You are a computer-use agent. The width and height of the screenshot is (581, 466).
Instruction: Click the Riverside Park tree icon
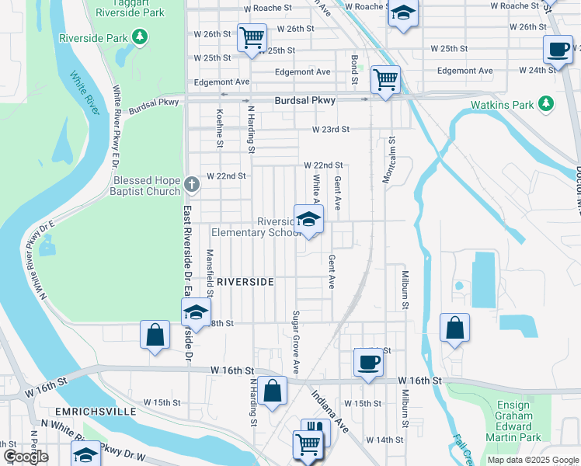click(x=139, y=37)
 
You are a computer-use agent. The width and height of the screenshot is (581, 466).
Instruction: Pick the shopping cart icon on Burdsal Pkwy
click(x=385, y=78)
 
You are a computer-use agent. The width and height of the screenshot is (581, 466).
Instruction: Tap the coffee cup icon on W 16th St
click(x=367, y=361)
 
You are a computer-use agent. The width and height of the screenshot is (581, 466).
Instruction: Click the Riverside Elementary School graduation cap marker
click(x=308, y=218)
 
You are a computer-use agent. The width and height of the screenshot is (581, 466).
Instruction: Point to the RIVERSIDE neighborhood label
click(x=245, y=282)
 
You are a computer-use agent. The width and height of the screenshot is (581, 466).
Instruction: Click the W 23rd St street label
click(x=331, y=130)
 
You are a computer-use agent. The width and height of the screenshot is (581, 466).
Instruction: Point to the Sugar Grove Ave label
click(x=296, y=340)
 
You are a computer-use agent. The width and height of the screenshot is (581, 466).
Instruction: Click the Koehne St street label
click(x=220, y=128)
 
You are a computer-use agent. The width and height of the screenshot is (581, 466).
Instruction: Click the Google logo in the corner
click(x=25, y=457)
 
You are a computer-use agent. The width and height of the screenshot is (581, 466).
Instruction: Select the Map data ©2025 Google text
click(x=532, y=460)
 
